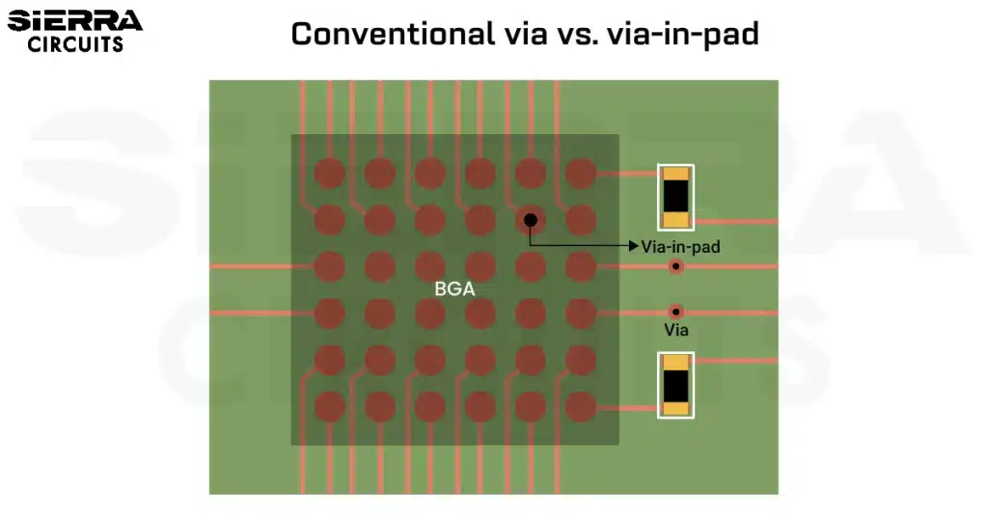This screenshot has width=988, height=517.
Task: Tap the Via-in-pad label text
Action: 680,247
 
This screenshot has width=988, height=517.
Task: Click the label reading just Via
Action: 675,330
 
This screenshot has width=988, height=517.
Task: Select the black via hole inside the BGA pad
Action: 530,220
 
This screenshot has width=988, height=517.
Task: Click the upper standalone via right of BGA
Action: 676,266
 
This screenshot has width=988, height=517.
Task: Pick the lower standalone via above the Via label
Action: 675,312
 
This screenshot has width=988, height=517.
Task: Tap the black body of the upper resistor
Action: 675,197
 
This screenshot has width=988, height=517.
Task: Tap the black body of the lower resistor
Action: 675,385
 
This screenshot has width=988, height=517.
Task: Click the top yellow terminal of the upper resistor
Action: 675,174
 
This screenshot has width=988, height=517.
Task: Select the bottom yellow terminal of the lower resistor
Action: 675,409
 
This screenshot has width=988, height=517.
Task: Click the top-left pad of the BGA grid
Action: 330,174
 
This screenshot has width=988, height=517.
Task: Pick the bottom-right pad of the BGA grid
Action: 580,406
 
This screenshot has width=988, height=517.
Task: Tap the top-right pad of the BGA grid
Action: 580,174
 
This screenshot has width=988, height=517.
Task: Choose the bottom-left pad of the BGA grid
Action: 330,406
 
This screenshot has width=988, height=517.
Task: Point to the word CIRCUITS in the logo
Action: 75,44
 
